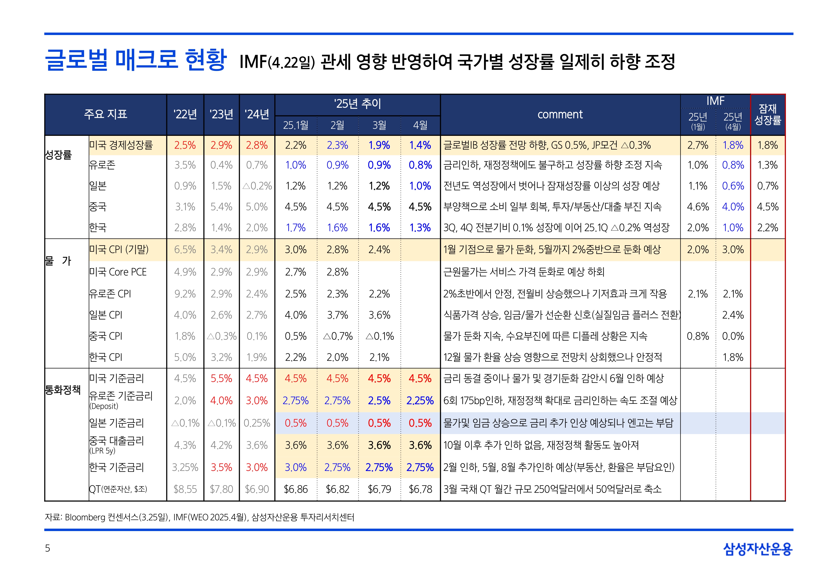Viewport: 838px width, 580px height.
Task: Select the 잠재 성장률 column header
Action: coord(768,114)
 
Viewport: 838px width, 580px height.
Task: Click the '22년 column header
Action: coord(185,114)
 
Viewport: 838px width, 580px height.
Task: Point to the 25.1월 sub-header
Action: coord(295,125)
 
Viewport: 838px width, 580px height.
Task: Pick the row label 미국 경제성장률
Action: coord(121,145)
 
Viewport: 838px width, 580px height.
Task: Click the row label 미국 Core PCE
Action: coord(118,272)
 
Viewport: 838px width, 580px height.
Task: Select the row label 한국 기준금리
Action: coord(117,467)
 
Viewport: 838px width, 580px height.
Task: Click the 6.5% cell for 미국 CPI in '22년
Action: coord(185,250)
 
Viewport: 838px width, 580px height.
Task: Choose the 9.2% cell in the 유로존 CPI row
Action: coord(185,294)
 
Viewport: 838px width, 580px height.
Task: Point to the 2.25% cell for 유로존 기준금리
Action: coord(420,401)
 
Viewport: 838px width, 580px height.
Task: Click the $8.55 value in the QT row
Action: coord(185,489)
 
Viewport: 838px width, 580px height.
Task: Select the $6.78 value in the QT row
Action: coord(420,489)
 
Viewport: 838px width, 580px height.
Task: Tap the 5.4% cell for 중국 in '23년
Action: coord(221,207)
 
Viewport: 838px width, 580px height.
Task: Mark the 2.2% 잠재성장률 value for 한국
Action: coord(768,228)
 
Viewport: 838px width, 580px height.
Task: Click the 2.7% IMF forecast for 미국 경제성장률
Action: coord(697,145)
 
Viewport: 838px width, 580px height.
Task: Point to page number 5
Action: coord(48,548)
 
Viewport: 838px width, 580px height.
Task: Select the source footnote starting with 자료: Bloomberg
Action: coord(199,517)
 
